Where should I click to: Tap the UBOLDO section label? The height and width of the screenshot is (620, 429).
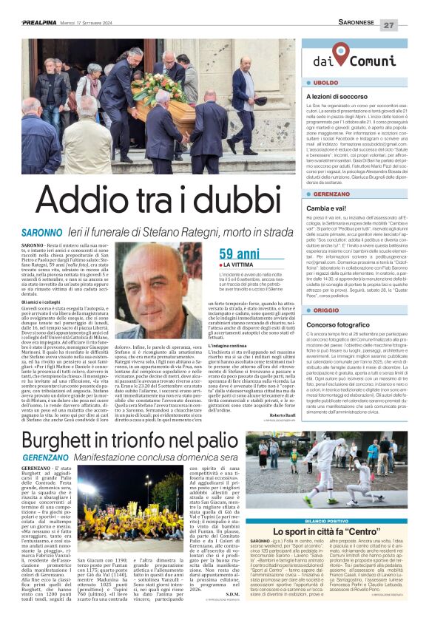point(328,84)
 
